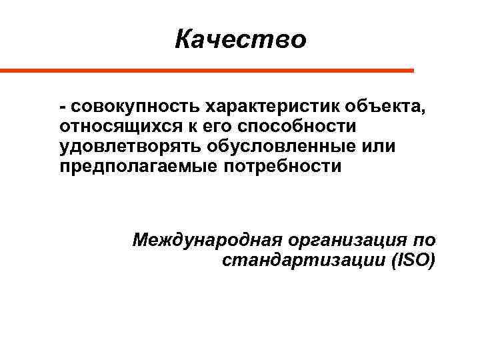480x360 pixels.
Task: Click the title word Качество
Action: [241, 39]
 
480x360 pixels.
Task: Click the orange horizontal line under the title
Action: [207, 70]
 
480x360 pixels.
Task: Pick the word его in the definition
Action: [219, 126]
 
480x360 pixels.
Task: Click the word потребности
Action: [278, 166]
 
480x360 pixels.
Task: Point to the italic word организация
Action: [345, 239]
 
